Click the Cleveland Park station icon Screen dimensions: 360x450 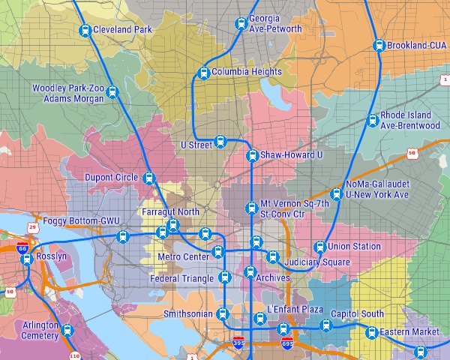[85, 30]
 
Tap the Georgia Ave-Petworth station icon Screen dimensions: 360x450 [240, 24]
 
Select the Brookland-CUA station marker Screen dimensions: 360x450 [379, 45]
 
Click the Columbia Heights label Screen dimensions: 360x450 [247, 73]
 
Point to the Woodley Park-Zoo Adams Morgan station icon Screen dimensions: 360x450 [112, 92]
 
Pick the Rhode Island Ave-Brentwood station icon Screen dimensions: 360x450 [372, 120]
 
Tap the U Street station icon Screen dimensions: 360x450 [220, 141]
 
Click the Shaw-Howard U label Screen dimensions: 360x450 [291, 155]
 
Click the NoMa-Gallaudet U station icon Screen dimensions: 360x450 [336, 194]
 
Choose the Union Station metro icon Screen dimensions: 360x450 [319, 247]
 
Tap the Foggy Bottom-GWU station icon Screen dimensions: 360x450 [124, 236]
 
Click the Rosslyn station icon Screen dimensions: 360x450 [27, 259]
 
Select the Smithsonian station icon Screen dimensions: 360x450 [221, 313]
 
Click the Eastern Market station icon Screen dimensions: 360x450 [371, 332]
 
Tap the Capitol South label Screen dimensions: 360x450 [357, 314]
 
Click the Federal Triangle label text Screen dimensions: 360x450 [182, 279]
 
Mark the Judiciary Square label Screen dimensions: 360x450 [319, 262]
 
